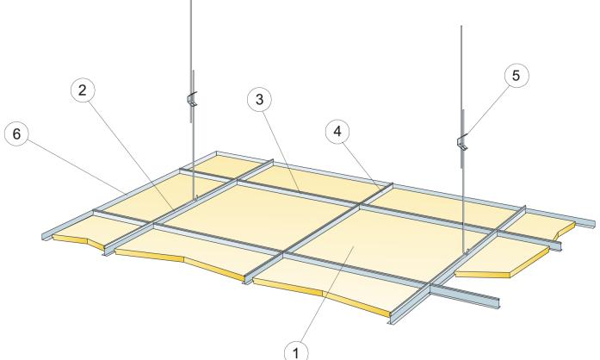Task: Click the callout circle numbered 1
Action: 296,351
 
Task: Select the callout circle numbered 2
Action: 83,90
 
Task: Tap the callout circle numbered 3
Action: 259,100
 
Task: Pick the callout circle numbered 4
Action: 337,132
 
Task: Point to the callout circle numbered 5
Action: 516,76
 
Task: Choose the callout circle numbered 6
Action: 16,134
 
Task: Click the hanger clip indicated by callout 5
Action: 462,142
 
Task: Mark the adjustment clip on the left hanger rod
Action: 192,99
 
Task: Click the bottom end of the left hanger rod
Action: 195,198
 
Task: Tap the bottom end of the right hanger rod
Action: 466,252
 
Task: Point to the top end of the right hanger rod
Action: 461,26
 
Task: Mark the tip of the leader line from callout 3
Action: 300,190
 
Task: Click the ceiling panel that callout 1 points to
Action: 356,238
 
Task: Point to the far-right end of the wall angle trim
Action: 595,225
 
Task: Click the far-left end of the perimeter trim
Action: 44,236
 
